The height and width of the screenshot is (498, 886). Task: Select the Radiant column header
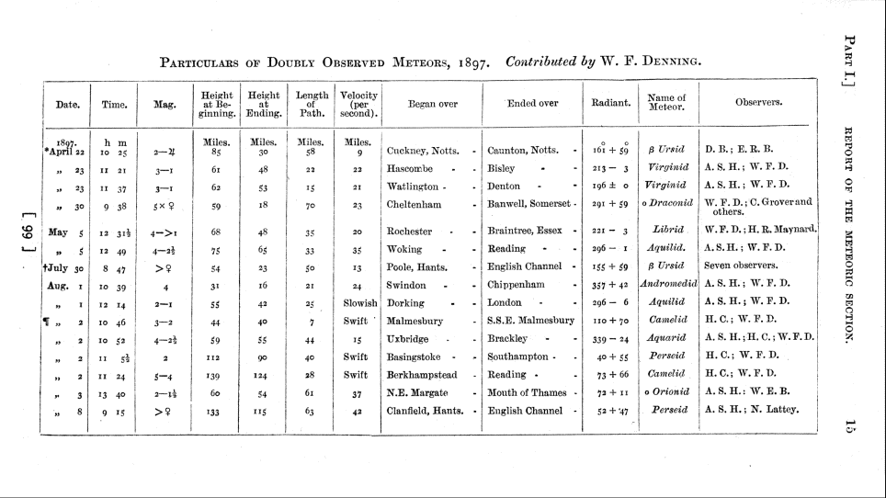(611, 104)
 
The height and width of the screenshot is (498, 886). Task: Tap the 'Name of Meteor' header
(666, 104)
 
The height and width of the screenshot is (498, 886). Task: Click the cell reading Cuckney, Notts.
(423, 149)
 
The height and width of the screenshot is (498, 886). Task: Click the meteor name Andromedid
(666, 285)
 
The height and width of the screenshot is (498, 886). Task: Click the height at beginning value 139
(217, 375)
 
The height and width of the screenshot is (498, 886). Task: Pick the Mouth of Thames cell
(527, 392)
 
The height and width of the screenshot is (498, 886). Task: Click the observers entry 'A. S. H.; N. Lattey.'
(752, 410)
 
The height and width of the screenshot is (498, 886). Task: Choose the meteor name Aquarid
(667, 338)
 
